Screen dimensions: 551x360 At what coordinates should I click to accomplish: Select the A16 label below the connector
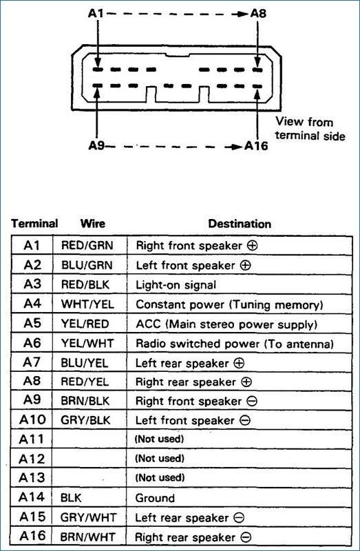coord(258,146)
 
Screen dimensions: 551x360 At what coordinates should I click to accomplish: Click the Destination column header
coord(239,224)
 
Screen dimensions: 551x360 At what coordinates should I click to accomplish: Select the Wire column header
coord(92,224)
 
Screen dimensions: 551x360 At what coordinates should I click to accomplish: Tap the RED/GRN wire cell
coord(85,245)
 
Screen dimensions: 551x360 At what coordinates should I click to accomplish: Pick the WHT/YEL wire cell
coord(85,304)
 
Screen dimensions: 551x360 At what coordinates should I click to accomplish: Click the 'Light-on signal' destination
coord(176,284)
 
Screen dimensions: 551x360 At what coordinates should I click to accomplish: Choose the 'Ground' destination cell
coord(156,497)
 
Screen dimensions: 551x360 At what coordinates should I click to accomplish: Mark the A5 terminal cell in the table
coord(32,324)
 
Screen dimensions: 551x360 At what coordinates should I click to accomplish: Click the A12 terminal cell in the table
coord(32,458)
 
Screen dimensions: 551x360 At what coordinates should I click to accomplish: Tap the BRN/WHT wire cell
coord(85,537)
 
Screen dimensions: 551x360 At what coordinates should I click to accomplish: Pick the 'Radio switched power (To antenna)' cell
coord(235,343)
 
